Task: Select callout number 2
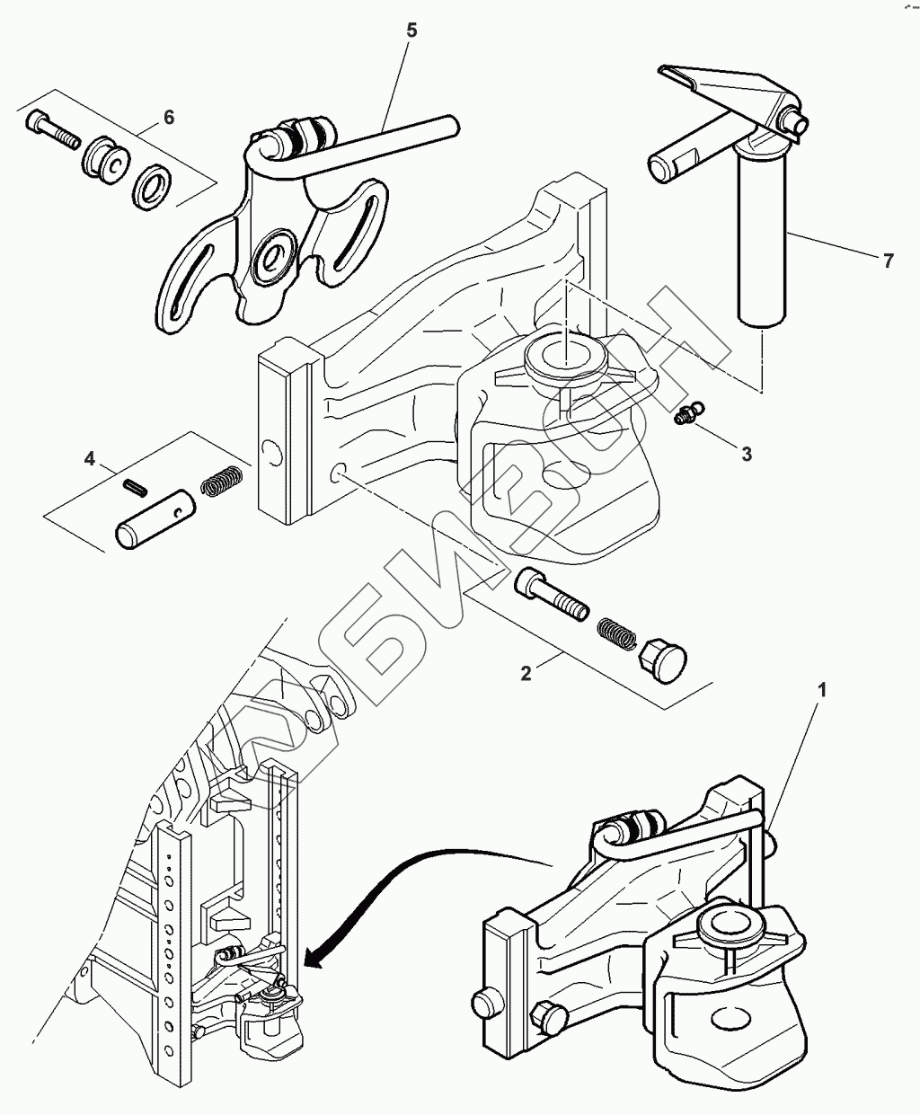526,673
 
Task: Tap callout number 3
747,454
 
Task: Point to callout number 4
89,459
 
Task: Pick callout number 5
411,31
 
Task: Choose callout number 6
168,118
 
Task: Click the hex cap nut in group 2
660,662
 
